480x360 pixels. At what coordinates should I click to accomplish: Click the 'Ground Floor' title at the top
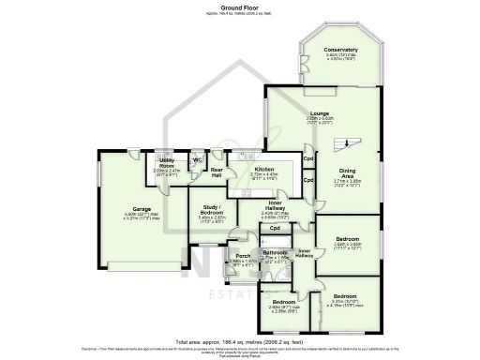click(x=239, y=6)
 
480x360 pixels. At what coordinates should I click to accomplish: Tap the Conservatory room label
click(x=340, y=50)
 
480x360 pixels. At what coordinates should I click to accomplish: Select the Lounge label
click(x=319, y=112)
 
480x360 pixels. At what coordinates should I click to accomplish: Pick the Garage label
click(x=115, y=210)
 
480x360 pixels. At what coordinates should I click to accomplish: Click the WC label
click(x=197, y=158)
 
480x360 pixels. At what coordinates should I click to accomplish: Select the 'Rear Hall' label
click(x=217, y=172)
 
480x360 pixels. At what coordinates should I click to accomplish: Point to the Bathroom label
click(x=275, y=253)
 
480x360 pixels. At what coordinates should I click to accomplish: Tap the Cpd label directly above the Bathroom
click(x=275, y=229)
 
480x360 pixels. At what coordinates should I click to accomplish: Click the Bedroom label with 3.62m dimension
click(x=347, y=239)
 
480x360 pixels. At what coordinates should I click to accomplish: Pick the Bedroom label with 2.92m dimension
click(x=283, y=301)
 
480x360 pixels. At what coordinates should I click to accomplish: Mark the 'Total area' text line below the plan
click(x=239, y=343)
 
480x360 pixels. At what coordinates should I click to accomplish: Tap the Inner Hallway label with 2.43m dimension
click(x=274, y=206)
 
